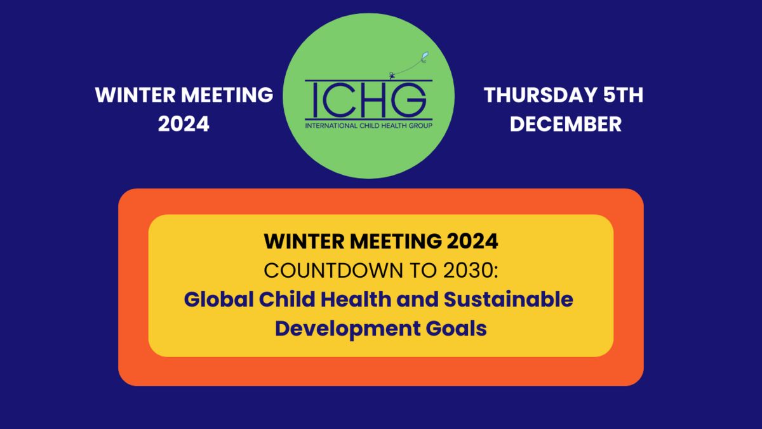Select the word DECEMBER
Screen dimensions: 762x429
pyautogui.click(x=566, y=124)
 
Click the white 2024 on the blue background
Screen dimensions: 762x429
pyautogui.click(x=184, y=124)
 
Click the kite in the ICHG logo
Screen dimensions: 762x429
pyautogui.click(x=425, y=57)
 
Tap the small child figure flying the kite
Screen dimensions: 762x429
pyautogui.click(x=392, y=76)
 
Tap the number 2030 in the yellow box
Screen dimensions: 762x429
pyautogui.click(x=469, y=271)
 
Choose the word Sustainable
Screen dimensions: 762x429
pyautogui.click(x=508, y=299)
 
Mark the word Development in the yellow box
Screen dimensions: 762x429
pyautogui.click(x=348, y=329)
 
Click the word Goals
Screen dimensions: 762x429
pyautogui.click(x=456, y=328)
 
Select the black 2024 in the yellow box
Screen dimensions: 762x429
pyautogui.click(x=472, y=242)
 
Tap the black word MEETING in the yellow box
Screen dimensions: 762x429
pyautogui.click(x=396, y=242)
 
